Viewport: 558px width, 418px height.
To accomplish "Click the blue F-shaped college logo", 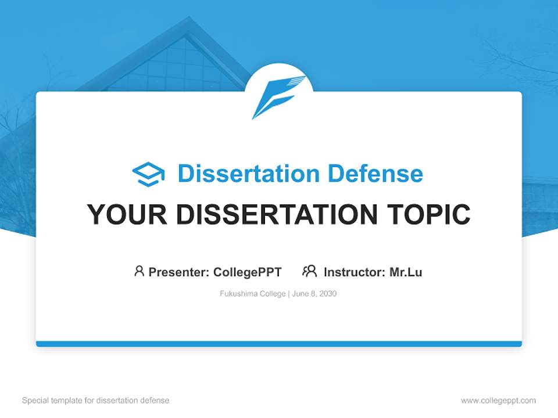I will point(278,96).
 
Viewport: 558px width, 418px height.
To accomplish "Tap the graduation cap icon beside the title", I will point(148,174).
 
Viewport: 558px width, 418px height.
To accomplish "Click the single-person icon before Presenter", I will point(139,271).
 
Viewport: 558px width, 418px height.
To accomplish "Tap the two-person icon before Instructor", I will point(310,271).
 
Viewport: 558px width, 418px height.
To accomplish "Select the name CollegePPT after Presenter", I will point(248,272).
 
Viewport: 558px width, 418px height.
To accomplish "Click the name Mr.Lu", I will point(406,272).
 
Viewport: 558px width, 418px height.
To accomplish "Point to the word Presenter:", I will point(179,272).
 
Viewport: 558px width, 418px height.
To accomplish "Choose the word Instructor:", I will point(355,272).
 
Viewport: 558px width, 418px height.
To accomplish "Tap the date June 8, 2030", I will point(314,294).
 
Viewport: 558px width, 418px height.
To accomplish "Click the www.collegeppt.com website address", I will point(498,401).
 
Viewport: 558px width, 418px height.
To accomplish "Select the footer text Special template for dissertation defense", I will point(96,401).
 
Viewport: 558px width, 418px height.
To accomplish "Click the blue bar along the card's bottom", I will point(279,344).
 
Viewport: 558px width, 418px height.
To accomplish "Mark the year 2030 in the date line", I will point(327,294).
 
